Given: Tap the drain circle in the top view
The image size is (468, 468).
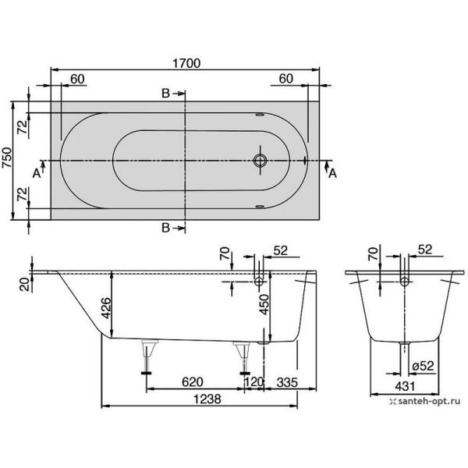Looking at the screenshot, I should [261, 161].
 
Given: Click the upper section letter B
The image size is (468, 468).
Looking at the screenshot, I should [165, 94].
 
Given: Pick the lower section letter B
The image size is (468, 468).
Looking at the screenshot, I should [165, 227].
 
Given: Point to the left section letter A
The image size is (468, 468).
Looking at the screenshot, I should [36, 173].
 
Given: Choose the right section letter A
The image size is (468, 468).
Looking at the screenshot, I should [332, 173].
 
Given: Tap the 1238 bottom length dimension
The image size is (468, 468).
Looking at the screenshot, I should [200, 396].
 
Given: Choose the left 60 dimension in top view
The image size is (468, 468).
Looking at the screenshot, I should [78, 79].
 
